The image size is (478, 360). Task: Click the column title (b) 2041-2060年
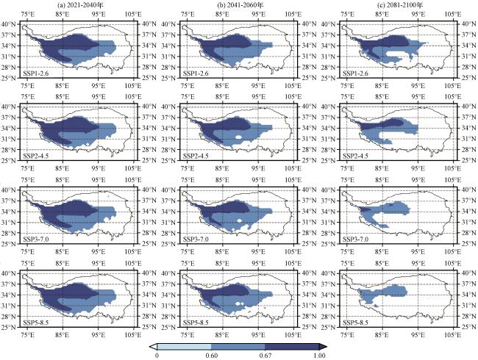(x=240, y=6)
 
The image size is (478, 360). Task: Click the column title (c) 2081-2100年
(x=398, y=6)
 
